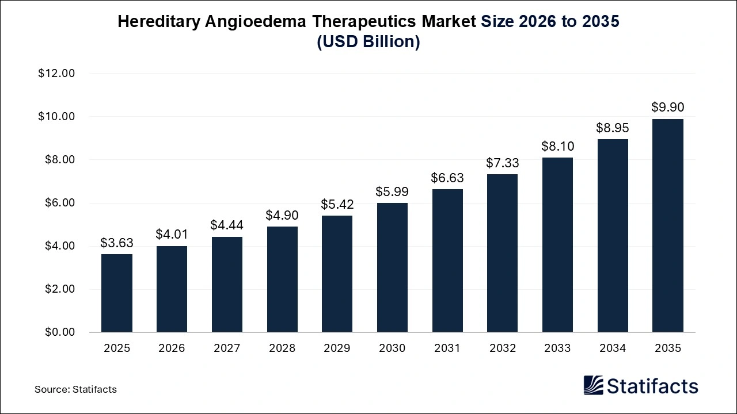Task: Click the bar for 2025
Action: coord(116,293)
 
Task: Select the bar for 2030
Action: coord(392,267)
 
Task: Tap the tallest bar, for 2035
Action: coord(667,225)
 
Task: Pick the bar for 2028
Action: coord(282,279)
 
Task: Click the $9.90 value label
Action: coord(667,107)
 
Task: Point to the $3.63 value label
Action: coord(116,243)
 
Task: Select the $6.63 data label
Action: coord(447,178)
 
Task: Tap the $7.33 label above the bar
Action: coord(502,163)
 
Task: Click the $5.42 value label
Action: coord(337,204)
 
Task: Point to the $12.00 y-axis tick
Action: coord(56,74)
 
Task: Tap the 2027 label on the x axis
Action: coord(227,348)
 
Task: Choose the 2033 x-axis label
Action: coord(557,348)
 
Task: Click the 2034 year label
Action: coord(613,348)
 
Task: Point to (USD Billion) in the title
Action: coord(368,43)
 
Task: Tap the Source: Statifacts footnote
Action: coord(75,389)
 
